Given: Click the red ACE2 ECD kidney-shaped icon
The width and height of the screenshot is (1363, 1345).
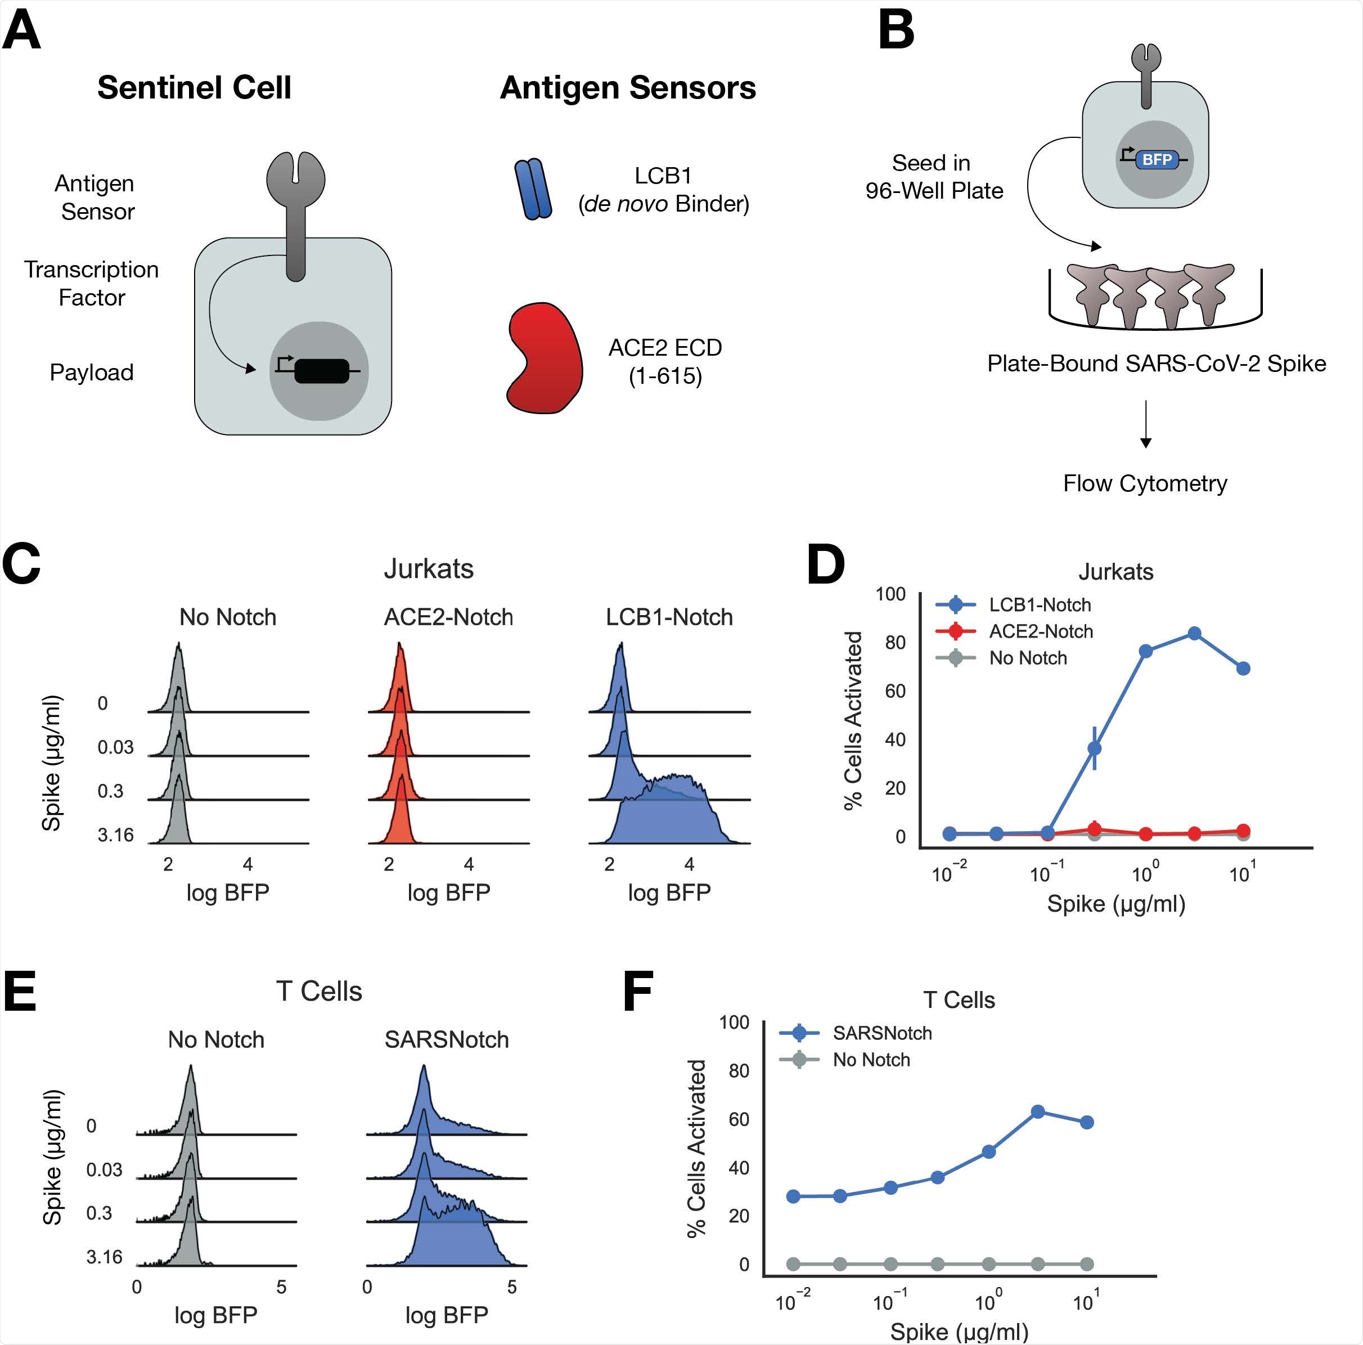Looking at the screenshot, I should pyautogui.click(x=545, y=358).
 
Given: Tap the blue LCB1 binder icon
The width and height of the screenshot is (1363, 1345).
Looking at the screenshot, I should pyautogui.click(x=533, y=189).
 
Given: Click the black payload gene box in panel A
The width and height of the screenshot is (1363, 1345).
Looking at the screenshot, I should pyautogui.click(x=322, y=371).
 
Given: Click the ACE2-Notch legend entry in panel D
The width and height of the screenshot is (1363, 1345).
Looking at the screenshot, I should pyautogui.click(x=1041, y=631).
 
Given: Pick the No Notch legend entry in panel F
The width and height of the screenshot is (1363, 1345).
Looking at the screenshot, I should pyautogui.click(x=871, y=1060).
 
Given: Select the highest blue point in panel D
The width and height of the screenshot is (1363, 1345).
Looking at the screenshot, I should pyautogui.click(x=1194, y=634).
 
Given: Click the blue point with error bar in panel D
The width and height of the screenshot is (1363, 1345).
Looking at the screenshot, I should pyautogui.click(x=1094, y=748).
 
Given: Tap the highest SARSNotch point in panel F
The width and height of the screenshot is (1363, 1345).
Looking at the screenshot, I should pyautogui.click(x=1038, y=1112).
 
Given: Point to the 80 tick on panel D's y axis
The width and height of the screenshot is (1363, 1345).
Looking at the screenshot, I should pyautogui.click(x=896, y=642).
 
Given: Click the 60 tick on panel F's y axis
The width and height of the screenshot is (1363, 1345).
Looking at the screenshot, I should pyautogui.click(x=739, y=1119).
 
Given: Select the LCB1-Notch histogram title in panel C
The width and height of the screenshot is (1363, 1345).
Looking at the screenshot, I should pyautogui.click(x=669, y=617).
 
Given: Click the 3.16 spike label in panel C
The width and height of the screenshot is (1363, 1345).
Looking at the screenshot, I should pyautogui.click(x=115, y=836).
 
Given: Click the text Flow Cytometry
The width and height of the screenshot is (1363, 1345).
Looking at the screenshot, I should pyautogui.click(x=1145, y=483).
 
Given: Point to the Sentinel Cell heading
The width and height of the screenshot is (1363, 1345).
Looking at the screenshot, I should pyautogui.click(x=194, y=87).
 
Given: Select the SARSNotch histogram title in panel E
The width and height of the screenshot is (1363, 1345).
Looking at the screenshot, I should pyautogui.click(x=447, y=1039).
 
